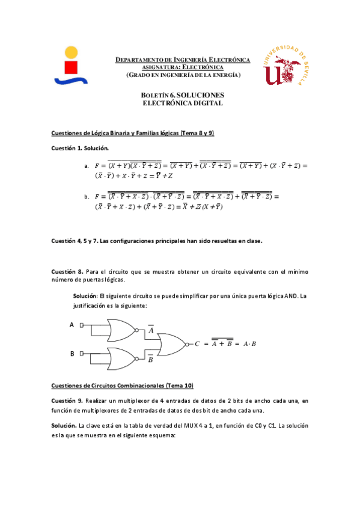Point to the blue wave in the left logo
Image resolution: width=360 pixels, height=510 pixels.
click(x=71, y=79)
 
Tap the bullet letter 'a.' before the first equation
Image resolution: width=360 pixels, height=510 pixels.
click(x=87, y=166)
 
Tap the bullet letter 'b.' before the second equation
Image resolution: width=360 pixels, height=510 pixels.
click(x=87, y=197)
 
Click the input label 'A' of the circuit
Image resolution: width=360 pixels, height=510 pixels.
click(x=72, y=325)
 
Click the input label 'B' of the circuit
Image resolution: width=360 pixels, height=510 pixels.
click(x=72, y=354)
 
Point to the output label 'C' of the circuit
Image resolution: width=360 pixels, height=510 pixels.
click(x=197, y=344)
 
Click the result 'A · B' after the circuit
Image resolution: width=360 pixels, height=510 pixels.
click(x=249, y=344)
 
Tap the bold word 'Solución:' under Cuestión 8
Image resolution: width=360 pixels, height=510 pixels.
click(x=85, y=296)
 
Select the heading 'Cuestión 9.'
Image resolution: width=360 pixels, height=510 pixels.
click(x=67, y=401)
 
